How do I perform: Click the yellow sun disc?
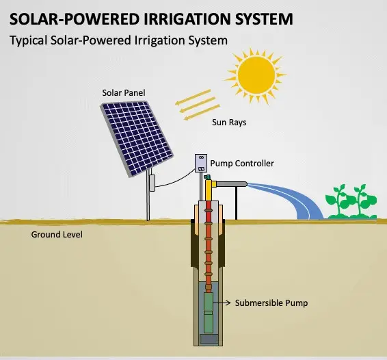(x=256, y=75)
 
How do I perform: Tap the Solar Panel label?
(x=123, y=93)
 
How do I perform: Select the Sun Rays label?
(x=229, y=123)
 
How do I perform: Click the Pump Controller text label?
(x=242, y=164)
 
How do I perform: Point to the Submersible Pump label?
(x=271, y=303)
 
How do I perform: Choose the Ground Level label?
(x=57, y=235)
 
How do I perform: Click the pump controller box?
(x=201, y=163)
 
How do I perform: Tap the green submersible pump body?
(x=209, y=313)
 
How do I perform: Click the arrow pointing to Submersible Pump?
(x=222, y=303)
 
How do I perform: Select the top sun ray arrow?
(x=193, y=97)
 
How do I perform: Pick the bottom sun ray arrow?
(x=202, y=112)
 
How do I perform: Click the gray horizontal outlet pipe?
(x=232, y=184)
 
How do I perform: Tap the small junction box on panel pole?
(x=152, y=183)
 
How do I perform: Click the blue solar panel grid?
(x=137, y=138)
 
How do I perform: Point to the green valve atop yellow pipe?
(x=208, y=177)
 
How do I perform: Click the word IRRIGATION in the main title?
(x=187, y=19)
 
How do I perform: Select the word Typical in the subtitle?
(x=29, y=41)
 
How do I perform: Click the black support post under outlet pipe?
(x=236, y=203)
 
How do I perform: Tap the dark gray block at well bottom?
(x=209, y=339)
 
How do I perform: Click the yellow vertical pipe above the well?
(x=209, y=190)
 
